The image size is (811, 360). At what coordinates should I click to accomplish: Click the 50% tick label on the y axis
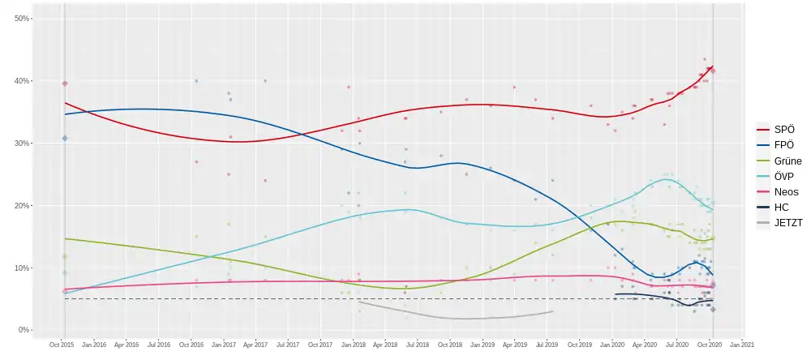(21, 18)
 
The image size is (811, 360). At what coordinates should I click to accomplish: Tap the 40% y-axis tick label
(21, 81)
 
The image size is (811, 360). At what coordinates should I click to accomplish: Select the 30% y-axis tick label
(21, 144)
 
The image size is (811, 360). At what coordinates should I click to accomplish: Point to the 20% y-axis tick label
(21, 206)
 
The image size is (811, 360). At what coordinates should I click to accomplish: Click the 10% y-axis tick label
(21, 268)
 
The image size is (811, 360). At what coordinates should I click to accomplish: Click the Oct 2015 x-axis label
(61, 345)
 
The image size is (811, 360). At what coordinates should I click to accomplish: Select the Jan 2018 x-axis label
(353, 345)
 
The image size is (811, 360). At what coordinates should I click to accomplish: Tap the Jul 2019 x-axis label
(547, 345)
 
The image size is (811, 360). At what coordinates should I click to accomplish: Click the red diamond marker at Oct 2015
(65, 84)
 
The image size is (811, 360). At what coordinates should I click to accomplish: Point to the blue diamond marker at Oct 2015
(65, 138)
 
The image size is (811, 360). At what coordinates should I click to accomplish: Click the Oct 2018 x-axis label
(450, 345)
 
